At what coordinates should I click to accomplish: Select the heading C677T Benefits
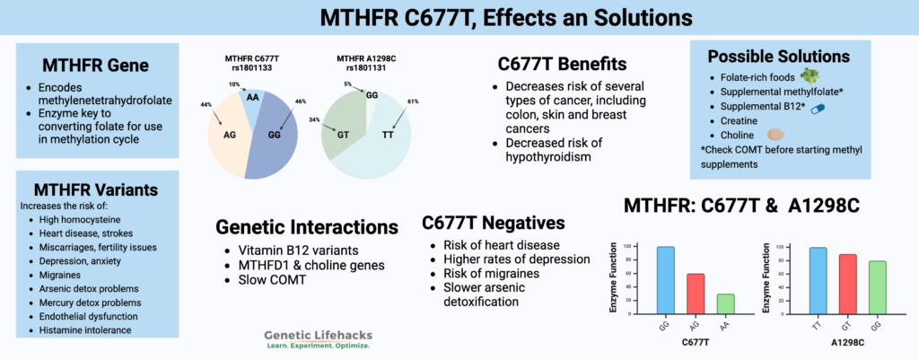[562, 64]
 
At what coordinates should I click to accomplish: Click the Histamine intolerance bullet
[83, 331]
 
